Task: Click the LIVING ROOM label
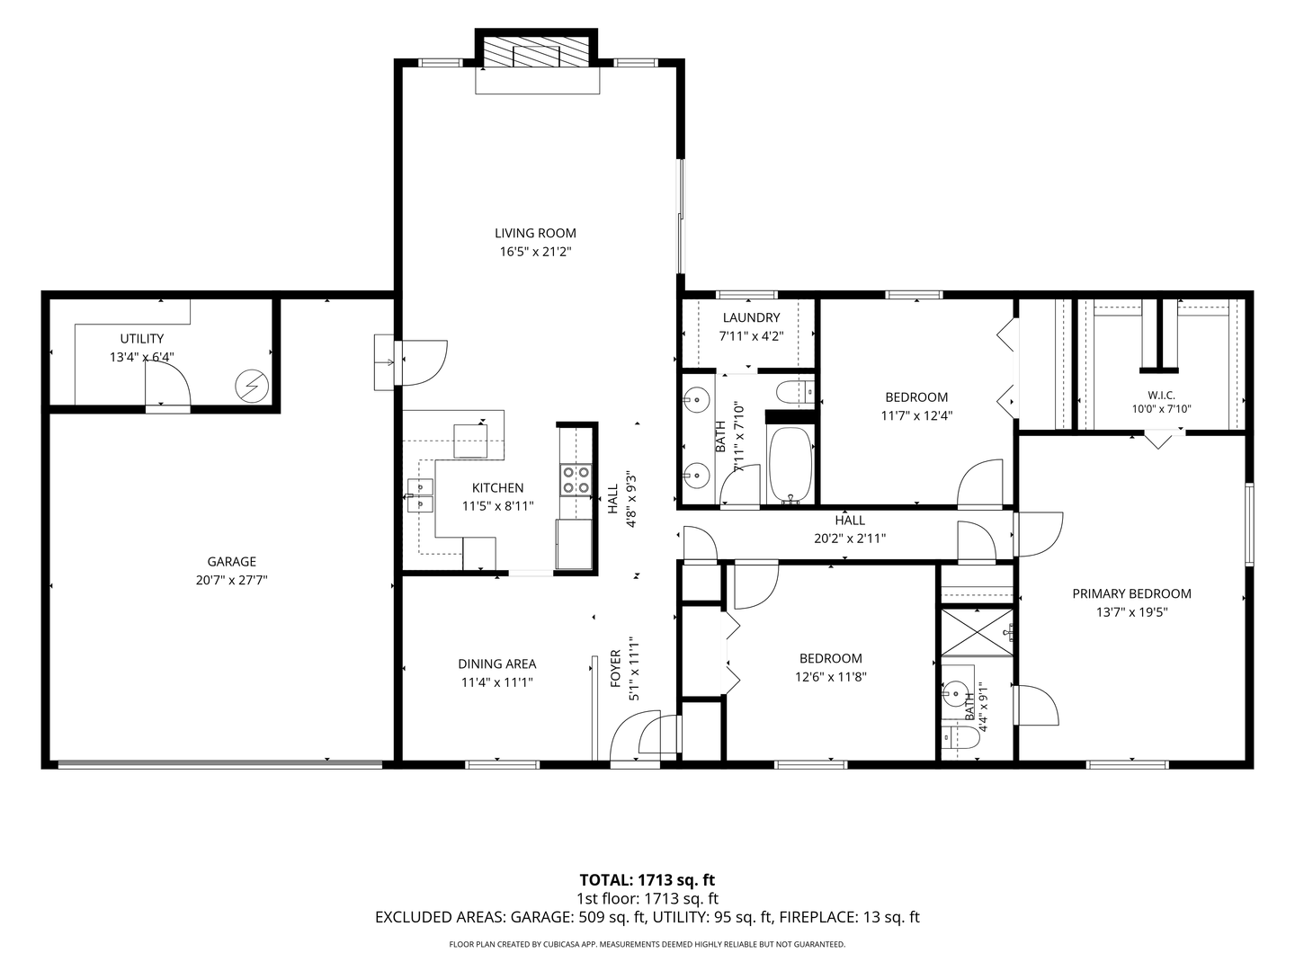click(x=535, y=233)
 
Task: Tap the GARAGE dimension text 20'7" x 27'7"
click(x=231, y=580)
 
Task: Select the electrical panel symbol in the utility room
click(x=252, y=387)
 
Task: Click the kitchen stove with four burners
click(x=576, y=479)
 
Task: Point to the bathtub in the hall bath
click(x=790, y=465)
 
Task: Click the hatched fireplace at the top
click(x=536, y=53)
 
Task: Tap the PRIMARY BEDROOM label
click(x=1131, y=593)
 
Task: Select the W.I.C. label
click(x=1161, y=395)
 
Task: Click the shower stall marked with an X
click(x=977, y=632)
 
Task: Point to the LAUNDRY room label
click(x=751, y=317)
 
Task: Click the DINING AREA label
click(x=496, y=664)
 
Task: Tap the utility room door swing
click(x=167, y=383)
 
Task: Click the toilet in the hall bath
click(x=795, y=391)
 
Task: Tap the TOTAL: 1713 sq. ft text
click(x=647, y=879)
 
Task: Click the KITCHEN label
click(x=497, y=487)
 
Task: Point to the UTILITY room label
click(x=141, y=338)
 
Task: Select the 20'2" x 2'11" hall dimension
click(x=850, y=539)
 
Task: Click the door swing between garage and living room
click(x=424, y=362)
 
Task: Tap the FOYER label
click(x=615, y=669)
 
